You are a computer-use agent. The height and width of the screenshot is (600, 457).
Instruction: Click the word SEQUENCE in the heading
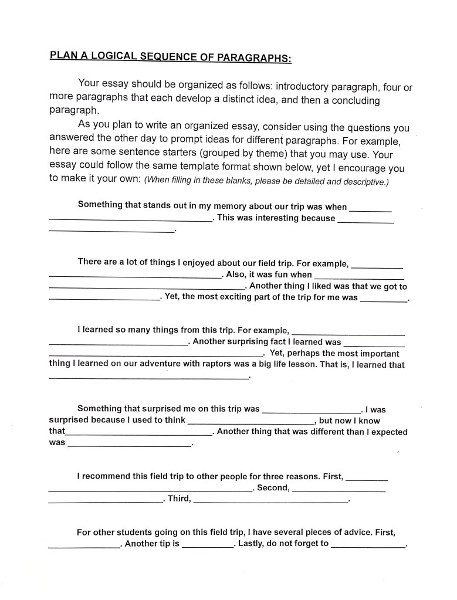[167, 57]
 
